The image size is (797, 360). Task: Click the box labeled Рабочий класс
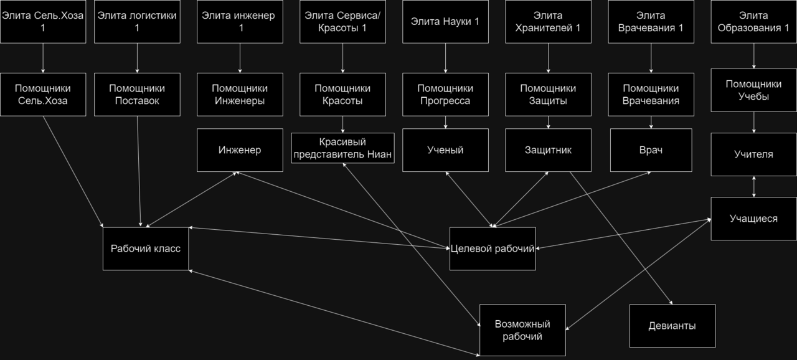tap(146, 249)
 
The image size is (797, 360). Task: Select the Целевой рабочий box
tap(493, 249)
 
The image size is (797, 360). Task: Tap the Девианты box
tap(672, 326)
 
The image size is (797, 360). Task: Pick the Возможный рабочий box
tap(522, 330)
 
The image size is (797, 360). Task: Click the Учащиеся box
tap(753, 219)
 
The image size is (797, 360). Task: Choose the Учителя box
tap(753, 154)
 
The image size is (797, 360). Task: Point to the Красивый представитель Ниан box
tap(342, 148)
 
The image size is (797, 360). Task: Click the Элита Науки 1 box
tap(445, 22)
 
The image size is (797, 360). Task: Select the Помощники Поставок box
tap(137, 95)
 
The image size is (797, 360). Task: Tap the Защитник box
tap(549, 150)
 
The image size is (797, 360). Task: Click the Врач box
tap(651, 150)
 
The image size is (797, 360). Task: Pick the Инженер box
tap(240, 150)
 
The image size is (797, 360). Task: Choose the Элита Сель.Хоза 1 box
tap(43, 22)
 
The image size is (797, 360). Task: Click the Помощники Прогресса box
tap(445, 95)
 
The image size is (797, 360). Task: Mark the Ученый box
tap(445, 150)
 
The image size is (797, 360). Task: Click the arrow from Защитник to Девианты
tap(621, 238)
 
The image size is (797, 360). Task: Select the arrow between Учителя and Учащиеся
tap(753, 187)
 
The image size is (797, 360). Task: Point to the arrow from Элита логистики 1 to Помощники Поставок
tap(137, 59)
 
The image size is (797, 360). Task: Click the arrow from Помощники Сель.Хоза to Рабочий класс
tap(73, 171)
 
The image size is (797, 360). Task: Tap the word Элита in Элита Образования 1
tap(753, 16)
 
